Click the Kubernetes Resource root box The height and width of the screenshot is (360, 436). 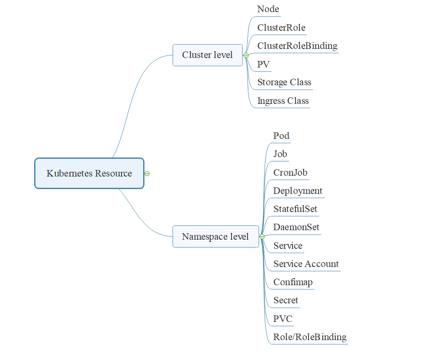coord(89,174)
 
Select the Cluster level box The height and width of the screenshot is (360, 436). coord(207,55)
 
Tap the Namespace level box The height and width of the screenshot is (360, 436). coord(215,237)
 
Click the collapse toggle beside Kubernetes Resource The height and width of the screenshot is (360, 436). coord(147,174)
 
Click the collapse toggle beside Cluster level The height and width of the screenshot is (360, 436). coord(246,55)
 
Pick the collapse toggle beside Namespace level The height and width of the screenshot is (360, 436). coord(262,237)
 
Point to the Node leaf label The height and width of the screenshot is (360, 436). coord(268,9)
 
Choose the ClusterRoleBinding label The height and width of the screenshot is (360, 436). coord(297,46)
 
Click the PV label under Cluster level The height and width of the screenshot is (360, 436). coord(263,64)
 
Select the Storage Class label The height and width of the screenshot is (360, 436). coord(284,82)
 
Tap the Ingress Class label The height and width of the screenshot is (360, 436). coord(283,101)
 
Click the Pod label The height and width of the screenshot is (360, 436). coord(281,136)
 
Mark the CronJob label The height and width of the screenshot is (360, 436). coord(290,173)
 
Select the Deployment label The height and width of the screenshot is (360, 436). coord(298,191)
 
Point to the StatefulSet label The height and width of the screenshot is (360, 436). coord(295,209)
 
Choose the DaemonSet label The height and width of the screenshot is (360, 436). coord(296,227)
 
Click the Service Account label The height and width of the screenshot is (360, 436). coord(306,264)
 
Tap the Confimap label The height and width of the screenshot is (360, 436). coord(293,282)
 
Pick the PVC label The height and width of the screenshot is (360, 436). coord(283,319)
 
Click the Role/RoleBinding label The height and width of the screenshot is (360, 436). coord(310,337)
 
